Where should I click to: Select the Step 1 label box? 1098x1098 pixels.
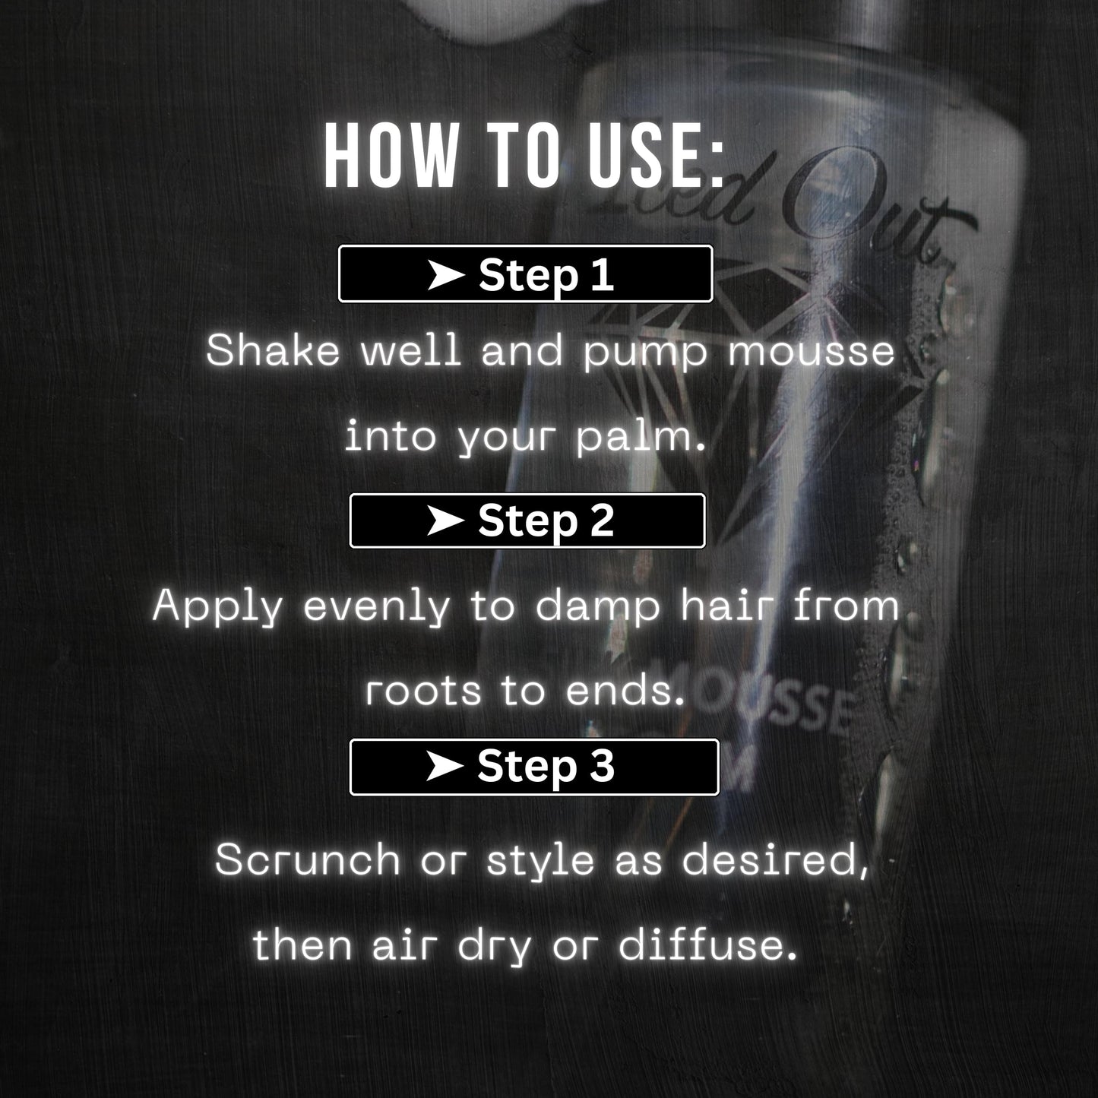coord(525,274)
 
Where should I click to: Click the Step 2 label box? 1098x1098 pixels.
coord(527,521)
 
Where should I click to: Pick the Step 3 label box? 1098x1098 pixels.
coord(533,767)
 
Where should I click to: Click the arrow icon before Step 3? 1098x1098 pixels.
coord(445,767)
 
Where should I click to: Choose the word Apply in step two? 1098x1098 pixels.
coord(217,608)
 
